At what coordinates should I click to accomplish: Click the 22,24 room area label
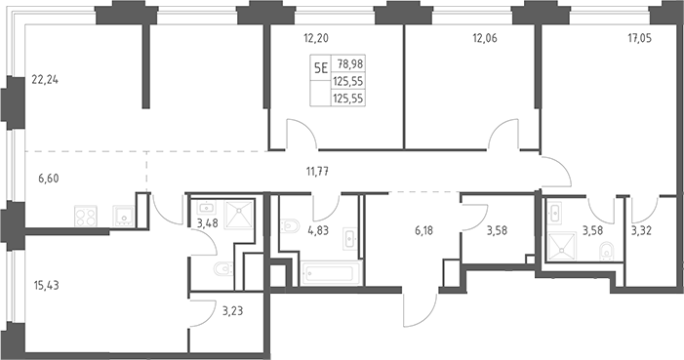45,80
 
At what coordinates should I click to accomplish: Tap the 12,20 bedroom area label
316,38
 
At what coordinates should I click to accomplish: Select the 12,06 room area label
485,38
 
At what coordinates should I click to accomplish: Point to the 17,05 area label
639,38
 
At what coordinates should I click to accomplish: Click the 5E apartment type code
321,67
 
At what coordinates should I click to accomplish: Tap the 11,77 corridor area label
317,172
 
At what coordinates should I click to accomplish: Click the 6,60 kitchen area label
48,179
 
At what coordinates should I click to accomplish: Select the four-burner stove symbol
86,217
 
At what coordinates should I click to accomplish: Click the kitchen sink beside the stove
124,216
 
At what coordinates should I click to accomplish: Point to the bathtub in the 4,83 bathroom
330,273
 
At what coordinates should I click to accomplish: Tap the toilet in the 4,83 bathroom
290,226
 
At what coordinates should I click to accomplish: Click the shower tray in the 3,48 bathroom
239,215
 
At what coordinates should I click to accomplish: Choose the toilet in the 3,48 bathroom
222,269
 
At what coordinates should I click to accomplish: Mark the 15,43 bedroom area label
46,286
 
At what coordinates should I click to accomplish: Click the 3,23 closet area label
232,311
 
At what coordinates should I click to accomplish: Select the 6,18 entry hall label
424,230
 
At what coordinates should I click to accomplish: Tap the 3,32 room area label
642,230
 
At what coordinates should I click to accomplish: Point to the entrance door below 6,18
420,310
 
